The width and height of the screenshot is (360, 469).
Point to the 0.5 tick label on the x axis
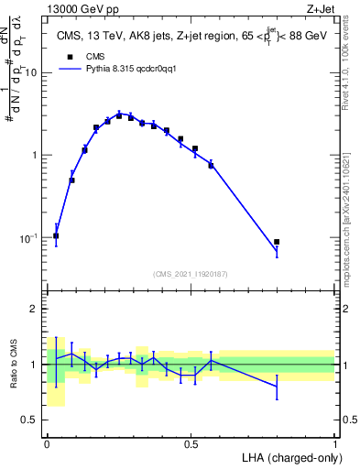(191, 442)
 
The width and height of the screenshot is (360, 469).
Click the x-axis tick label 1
(335, 442)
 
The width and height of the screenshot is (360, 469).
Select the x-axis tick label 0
(47, 442)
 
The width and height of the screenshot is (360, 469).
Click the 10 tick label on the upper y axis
(31, 71)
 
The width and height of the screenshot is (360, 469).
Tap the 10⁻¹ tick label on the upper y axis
(27, 237)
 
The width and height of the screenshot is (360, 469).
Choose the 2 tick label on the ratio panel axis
(35, 309)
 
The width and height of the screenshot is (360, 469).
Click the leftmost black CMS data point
(56, 235)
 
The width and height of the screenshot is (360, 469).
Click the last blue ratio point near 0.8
(277, 387)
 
